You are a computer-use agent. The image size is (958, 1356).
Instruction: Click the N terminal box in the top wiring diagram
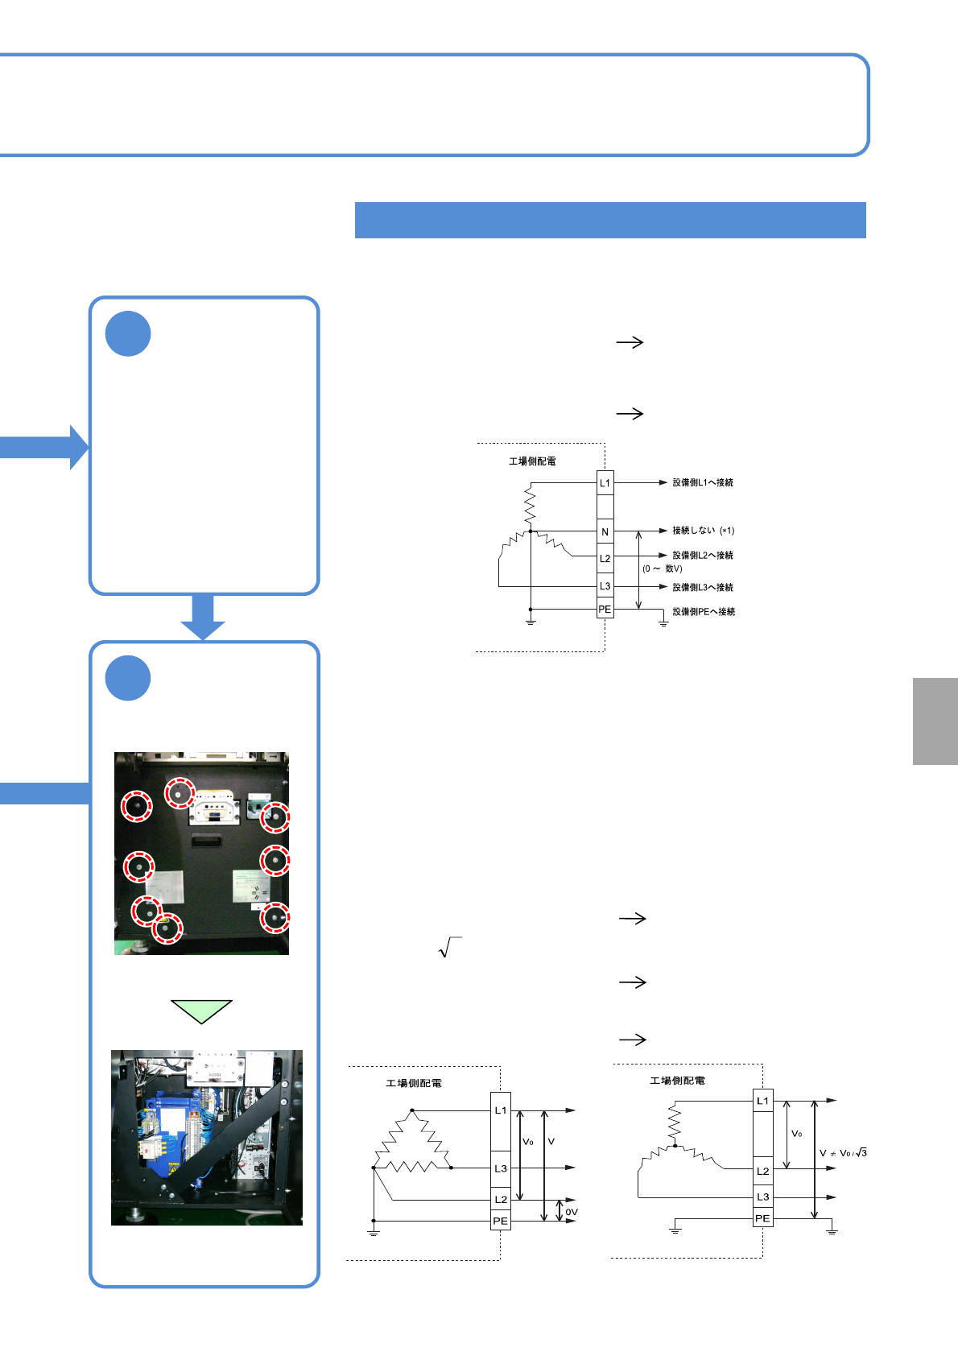pyautogui.click(x=605, y=531)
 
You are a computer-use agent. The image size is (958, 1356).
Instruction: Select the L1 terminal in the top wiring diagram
pyautogui.click(x=605, y=483)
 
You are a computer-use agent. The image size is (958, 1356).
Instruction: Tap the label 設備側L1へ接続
pyautogui.click(x=703, y=483)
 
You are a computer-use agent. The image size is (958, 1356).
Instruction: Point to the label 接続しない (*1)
pyautogui.click(x=703, y=531)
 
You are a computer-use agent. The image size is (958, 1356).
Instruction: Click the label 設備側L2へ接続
pyautogui.click(x=703, y=556)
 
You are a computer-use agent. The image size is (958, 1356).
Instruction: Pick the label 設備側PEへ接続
pyautogui.click(x=704, y=612)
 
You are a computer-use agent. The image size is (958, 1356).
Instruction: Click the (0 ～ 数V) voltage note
pyautogui.click(x=663, y=569)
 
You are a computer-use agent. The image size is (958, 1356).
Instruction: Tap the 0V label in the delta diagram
pyautogui.click(x=571, y=1212)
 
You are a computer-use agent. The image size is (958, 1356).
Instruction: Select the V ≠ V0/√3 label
pyautogui.click(x=843, y=1153)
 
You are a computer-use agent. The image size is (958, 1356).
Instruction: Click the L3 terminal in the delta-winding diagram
pyautogui.click(x=501, y=1168)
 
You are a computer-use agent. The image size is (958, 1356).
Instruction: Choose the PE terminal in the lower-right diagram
pyautogui.click(x=762, y=1218)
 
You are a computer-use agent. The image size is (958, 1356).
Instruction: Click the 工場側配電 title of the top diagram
pyautogui.click(x=532, y=461)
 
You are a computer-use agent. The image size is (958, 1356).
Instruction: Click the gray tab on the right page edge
pyautogui.click(x=935, y=721)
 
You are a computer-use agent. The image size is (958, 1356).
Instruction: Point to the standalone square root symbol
pyautogui.click(x=449, y=948)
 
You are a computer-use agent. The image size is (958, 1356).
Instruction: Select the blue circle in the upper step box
pyautogui.click(x=128, y=333)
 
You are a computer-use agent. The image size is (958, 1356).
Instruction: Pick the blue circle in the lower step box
pyautogui.click(x=128, y=678)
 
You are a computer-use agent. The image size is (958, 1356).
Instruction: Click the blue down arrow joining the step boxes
pyautogui.click(x=203, y=617)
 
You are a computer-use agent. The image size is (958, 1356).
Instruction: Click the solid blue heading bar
pyautogui.click(x=610, y=220)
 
